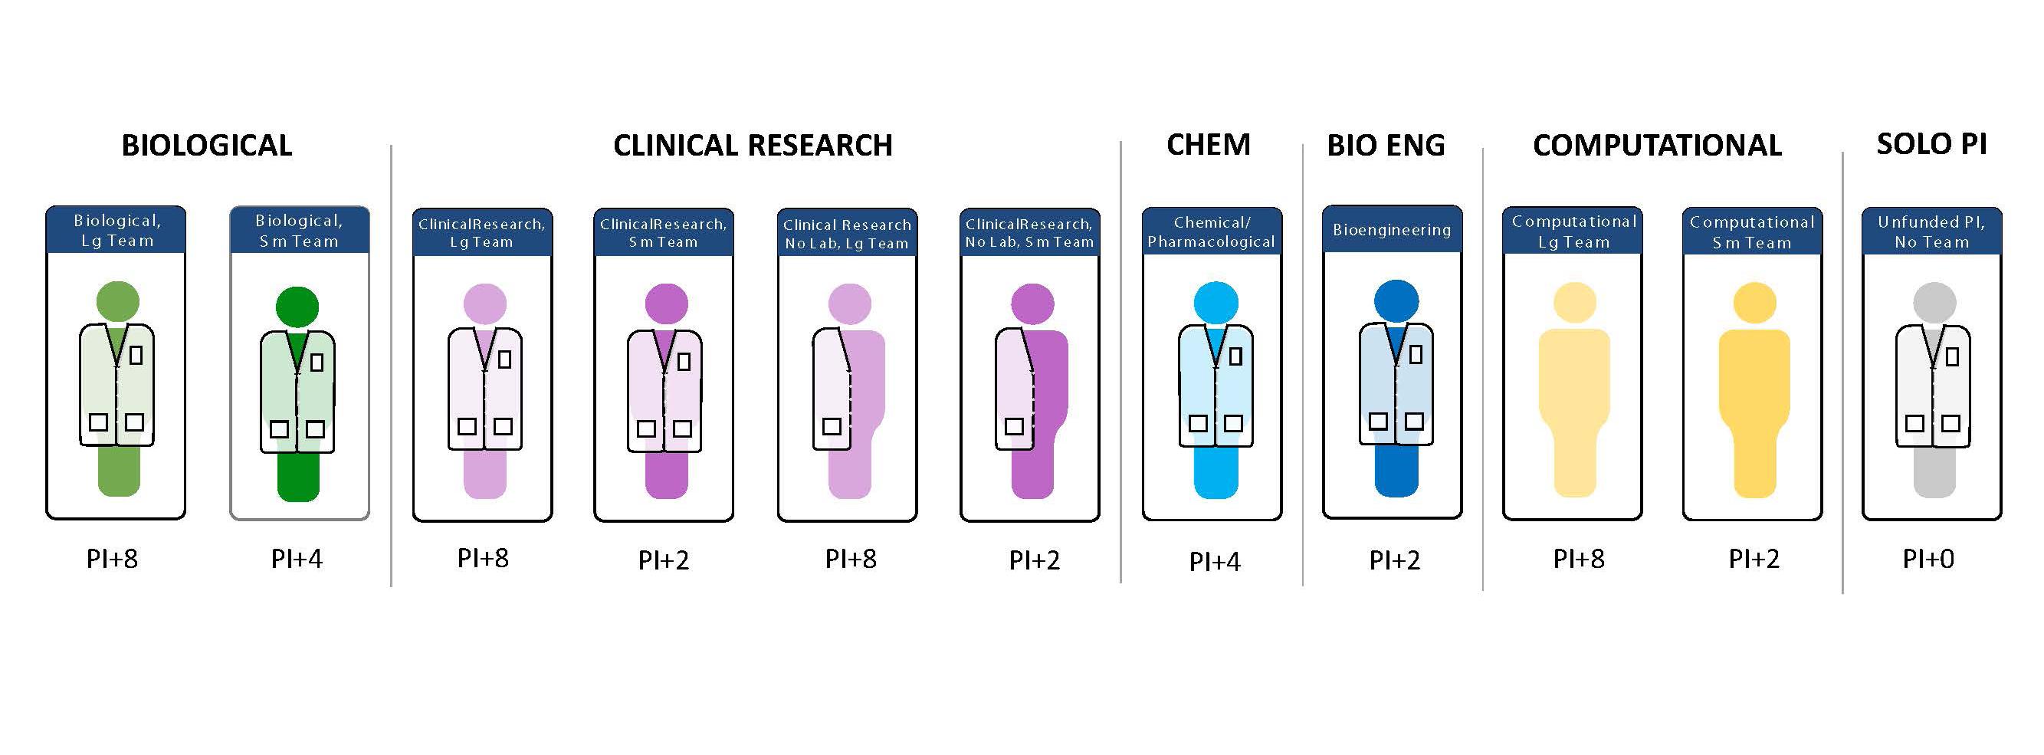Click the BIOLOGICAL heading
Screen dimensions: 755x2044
206,146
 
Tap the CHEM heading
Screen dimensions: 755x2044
1208,145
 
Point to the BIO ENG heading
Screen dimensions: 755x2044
1386,146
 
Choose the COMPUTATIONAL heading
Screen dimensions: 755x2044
1657,146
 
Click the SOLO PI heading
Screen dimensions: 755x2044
1931,143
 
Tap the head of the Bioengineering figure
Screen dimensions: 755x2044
1396,301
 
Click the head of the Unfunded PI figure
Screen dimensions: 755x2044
1934,303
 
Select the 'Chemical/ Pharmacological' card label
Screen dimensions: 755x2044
1212,231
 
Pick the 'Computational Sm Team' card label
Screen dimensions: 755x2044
1752,231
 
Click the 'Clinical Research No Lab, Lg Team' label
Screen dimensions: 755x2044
847,234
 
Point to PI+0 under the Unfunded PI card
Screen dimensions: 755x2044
1928,559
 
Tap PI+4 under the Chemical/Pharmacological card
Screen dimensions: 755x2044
1214,561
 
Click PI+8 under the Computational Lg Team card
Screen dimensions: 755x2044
1578,559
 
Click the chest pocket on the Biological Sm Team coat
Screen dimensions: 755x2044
317,362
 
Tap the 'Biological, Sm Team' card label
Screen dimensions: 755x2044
299,230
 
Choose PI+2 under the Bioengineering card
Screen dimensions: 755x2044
1394,560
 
